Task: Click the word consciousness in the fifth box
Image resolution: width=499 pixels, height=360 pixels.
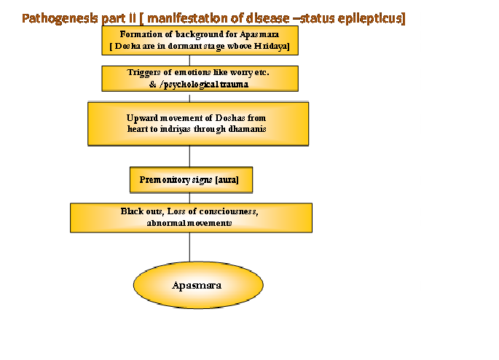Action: [228, 211]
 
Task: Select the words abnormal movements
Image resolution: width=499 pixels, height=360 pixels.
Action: [189, 223]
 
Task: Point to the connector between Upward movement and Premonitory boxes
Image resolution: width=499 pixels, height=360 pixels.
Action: [190, 157]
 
